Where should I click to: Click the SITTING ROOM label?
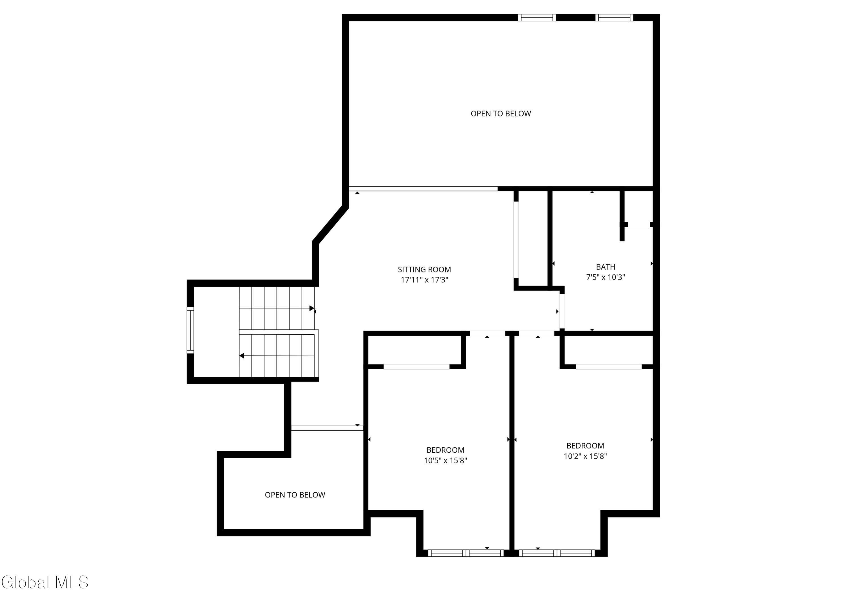point(424,269)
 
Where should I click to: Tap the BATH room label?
point(606,267)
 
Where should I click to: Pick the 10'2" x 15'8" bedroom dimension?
point(585,456)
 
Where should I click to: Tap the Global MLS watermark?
point(45,582)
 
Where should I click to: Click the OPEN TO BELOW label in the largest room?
point(501,114)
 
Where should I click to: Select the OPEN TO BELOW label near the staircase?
point(295,495)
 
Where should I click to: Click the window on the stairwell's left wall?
point(190,330)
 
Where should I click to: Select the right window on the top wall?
point(614,17)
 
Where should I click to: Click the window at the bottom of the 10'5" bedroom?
point(466,553)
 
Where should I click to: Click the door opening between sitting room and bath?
point(562,312)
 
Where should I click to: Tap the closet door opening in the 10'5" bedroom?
point(416,367)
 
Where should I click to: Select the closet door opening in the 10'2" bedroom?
point(609,367)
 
